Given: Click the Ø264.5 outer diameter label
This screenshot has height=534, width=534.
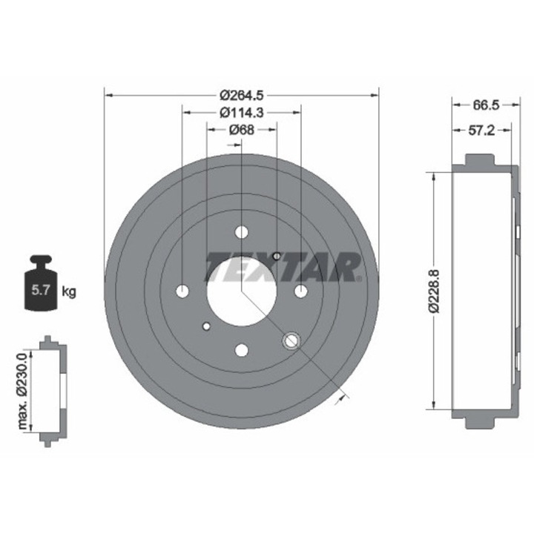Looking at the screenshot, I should click(x=242, y=94).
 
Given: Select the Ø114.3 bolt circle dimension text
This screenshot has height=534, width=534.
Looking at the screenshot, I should click(x=242, y=112).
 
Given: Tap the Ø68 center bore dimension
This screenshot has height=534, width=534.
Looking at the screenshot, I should click(x=242, y=130).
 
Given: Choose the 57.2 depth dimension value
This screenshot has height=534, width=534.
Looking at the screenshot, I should click(x=481, y=130).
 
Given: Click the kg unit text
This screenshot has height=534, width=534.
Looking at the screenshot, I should click(x=69, y=291).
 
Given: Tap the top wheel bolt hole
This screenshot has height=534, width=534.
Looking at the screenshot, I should click(x=242, y=231).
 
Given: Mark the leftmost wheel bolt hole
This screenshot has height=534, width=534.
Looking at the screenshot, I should click(x=183, y=291).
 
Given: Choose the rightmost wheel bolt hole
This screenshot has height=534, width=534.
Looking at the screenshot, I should click(x=300, y=291).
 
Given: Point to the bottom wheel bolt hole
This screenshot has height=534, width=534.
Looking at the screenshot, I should click(x=242, y=350).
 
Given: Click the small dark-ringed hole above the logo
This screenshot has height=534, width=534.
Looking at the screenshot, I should click(x=277, y=257).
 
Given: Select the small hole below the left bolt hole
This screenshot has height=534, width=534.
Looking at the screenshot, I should click(x=207, y=326).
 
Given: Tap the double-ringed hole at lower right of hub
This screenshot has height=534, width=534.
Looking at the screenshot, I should click(x=291, y=340).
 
